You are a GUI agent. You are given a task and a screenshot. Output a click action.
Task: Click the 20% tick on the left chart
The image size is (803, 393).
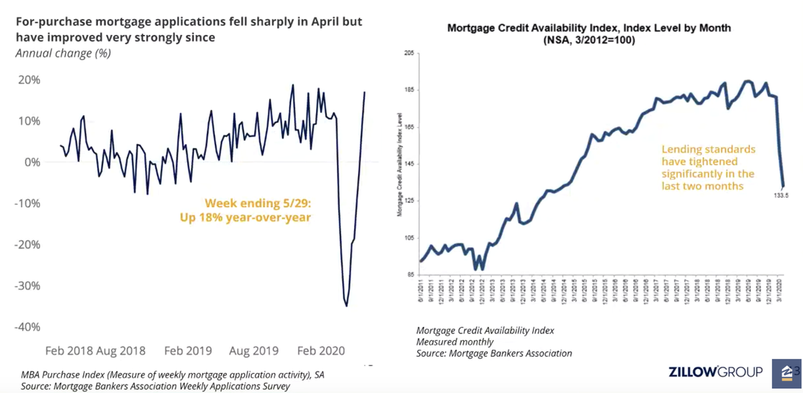pos(27,80)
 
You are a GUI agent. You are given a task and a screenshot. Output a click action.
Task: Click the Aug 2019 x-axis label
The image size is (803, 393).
pos(253,350)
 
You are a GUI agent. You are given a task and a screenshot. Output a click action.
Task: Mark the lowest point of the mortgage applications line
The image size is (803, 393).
pos(346,306)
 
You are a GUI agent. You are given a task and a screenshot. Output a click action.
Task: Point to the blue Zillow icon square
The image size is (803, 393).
pos(786,372)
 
